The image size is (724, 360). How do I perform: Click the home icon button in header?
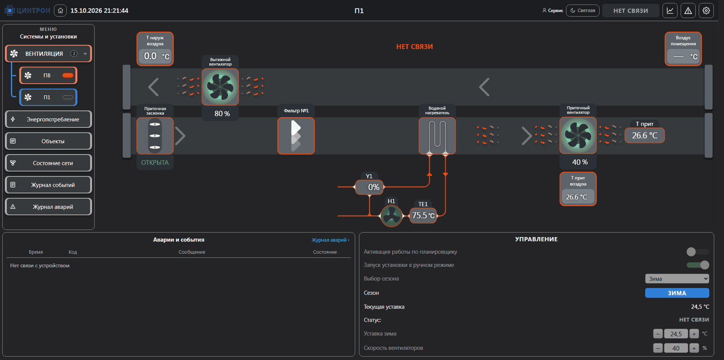tap(60, 11)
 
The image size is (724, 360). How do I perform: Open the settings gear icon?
tap(706, 11)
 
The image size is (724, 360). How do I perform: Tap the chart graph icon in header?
tap(670, 11)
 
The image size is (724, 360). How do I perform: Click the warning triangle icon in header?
tap(688, 11)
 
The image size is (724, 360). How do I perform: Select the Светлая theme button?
tap(583, 11)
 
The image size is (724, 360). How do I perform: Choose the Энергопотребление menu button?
tap(48, 119)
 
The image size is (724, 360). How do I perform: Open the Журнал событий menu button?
tap(48, 185)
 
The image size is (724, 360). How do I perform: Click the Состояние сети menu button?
tap(48, 163)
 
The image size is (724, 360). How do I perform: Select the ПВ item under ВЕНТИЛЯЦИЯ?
tap(48, 75)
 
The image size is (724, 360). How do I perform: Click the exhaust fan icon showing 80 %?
tap(220, 87)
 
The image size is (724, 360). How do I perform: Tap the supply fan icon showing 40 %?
tap(578, 135)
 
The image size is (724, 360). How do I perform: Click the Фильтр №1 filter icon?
tap(296, 136)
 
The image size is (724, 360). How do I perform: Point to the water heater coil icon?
tap(437, 136)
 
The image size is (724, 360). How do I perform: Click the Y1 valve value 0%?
tap(369, 187)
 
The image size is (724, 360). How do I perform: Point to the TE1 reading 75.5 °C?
tap(423, 215)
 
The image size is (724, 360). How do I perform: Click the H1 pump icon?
tap(391, 216)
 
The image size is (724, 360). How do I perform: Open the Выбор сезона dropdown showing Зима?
tap(677, 279)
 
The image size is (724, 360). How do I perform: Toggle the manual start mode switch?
tap(698, 265)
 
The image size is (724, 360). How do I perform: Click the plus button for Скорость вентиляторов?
tap(694, 348)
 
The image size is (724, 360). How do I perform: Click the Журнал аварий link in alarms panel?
tap(330, 240)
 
